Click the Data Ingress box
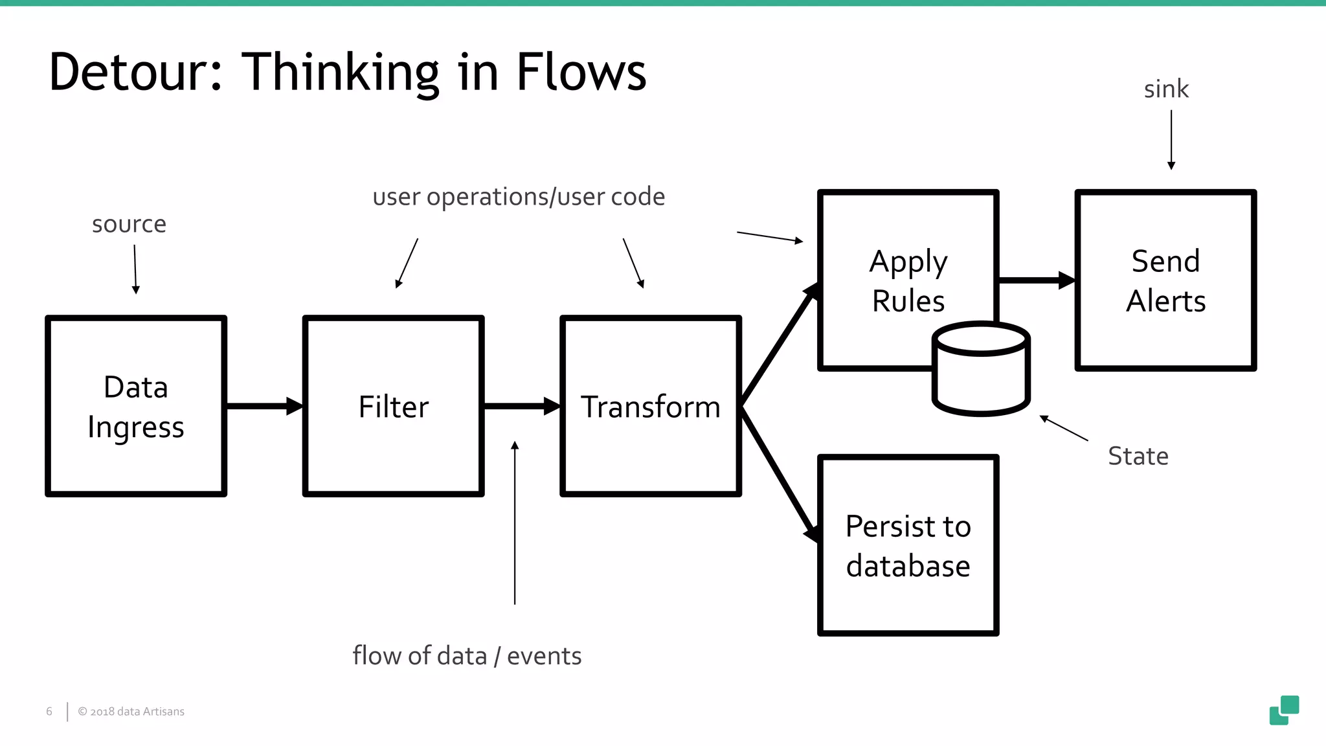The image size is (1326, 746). pyautogui.click(x=136, y=407)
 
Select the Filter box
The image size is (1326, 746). pyautogui.click(x=393, y=407)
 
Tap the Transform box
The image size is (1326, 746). pyautogui.click(x=650, y=407)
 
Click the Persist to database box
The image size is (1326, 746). pyautogui.click(x=908, y=545)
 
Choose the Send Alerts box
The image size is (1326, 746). pyautogui.click(x=1165, y=280)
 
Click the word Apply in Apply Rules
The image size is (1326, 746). pyautogui.click(x=908, y=262)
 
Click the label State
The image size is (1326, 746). pyautogui.click(x=1138, y=456)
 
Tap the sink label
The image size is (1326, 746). pyautogui.click(x=1165, y=89)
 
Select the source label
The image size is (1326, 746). pyautogui.click(x=129, y=224)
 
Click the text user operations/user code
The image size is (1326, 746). pyautogui.click(x=519, y=197)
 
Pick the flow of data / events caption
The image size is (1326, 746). pyautogui.click(x=467, y=656)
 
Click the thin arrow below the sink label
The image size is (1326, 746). pyautogui.click(x=1171, y=139)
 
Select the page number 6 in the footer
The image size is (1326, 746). pyautogui.click(x=49, y=711)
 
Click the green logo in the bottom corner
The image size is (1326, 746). pyautogui.click(x=1284, y=710)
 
